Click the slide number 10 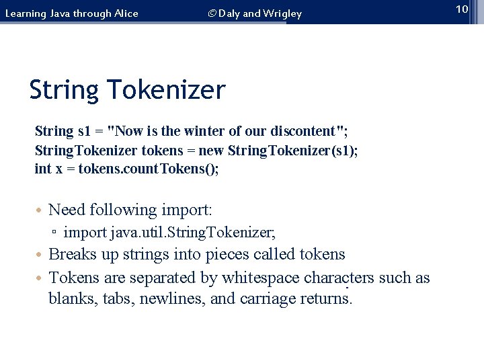click(x=461, y=9)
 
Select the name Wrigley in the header click(x=282, y=13)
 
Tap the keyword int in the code click(x=42, y=168)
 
